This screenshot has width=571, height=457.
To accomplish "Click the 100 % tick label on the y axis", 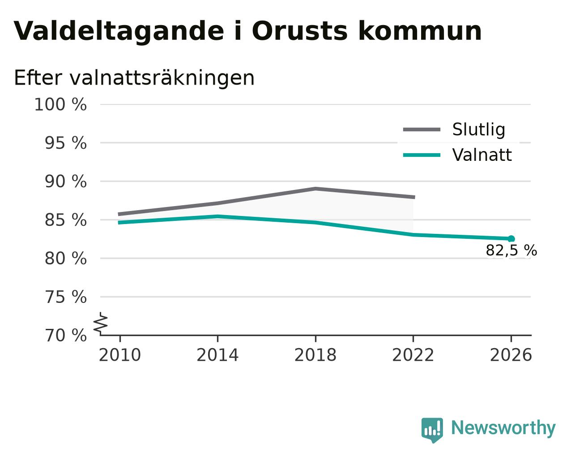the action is pos(60,104).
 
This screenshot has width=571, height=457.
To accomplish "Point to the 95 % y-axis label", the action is pos(65,143).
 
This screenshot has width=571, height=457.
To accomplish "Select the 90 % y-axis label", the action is pos(65,181).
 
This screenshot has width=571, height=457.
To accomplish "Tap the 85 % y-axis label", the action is pos(65,220).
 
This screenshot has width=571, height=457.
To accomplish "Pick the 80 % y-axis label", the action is pos(65,259).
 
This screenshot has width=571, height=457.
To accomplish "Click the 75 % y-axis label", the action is pos(65,297).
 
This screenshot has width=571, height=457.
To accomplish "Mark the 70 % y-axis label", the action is pos(65,335).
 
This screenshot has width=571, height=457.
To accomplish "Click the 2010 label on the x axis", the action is pos(119,355).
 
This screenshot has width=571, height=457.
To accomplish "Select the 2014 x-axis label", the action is pos(217,355).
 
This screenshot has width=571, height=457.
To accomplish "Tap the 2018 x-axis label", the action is pos(315,355).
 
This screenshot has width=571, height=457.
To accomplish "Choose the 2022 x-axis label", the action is pos(413,355).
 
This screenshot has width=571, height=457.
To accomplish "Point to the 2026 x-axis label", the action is pos(511,355).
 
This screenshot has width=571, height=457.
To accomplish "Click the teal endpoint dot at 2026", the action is pos(511,239).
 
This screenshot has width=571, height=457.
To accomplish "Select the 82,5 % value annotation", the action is pos(511,250).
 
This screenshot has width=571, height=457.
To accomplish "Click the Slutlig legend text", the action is pos(479,129).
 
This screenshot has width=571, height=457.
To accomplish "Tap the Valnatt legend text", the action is pos(482,155).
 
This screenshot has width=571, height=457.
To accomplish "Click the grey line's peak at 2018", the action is pos(315,189).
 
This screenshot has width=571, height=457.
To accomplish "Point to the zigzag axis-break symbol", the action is pos(101,323).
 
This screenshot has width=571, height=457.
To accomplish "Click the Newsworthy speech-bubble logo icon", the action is pos(432,430).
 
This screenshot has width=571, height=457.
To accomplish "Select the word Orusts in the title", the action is pos(299,31).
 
